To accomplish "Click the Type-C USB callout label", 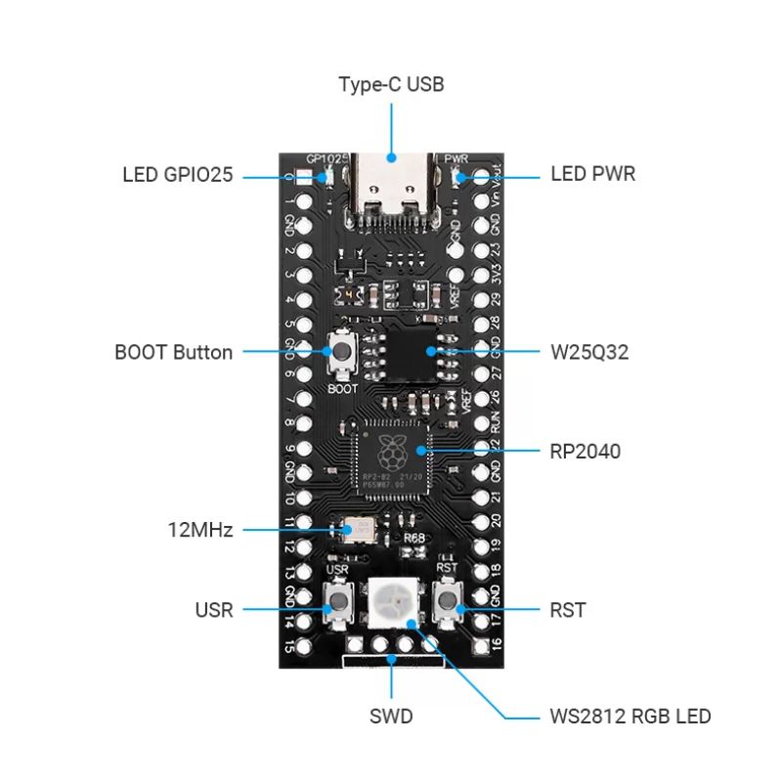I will [391, 84].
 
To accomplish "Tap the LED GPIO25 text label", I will [177, 175].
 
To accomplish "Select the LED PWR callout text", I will [592, 175].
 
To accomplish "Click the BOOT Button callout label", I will [173, 352].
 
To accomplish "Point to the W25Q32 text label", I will [589, 352].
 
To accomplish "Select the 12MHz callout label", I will [198, 531].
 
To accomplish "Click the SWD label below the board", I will [391, 717].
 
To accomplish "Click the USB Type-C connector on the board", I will [391, 188].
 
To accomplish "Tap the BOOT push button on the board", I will [342, 353].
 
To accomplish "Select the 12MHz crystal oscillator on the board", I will [356, 531].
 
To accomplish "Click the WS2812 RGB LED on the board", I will [393, 602].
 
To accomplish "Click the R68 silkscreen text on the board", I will [414, 539].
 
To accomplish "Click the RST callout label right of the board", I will [568, 610].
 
